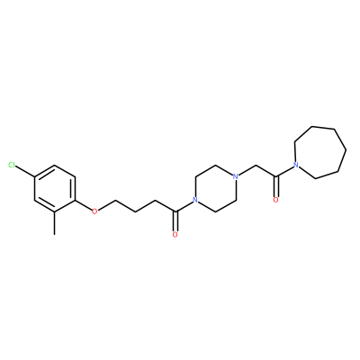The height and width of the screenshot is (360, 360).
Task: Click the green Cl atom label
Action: (12, 165)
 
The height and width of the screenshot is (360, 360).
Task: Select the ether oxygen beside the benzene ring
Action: (94, 211)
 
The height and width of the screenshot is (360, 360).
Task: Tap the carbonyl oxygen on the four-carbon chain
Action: (175, 235)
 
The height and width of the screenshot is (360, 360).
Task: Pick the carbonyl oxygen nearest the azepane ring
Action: (275, 200)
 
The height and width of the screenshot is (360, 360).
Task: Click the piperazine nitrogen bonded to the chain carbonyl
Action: (195, 200)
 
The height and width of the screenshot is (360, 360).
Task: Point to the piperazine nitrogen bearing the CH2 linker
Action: (236, 176)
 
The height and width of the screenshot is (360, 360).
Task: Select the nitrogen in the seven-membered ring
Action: (296, 165)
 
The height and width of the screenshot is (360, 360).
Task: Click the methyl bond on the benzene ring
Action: (54, 223)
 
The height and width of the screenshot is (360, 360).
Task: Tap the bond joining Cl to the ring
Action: (25, 171)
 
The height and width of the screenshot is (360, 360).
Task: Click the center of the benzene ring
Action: (54, 188)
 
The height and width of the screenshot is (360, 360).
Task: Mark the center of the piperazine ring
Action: (215, 188)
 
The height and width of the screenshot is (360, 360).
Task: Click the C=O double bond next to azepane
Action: (275, 186)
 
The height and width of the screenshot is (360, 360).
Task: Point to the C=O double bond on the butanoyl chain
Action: (175, 221)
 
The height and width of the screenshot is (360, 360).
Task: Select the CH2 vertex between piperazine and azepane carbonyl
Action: (256, 165)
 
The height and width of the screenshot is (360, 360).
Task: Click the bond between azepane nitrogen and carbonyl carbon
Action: (284, 171)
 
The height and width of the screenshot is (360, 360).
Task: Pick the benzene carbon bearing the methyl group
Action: (54, 211)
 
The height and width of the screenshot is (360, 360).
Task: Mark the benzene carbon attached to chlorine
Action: (34, 176)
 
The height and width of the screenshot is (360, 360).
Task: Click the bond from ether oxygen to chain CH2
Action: (105, 205)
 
